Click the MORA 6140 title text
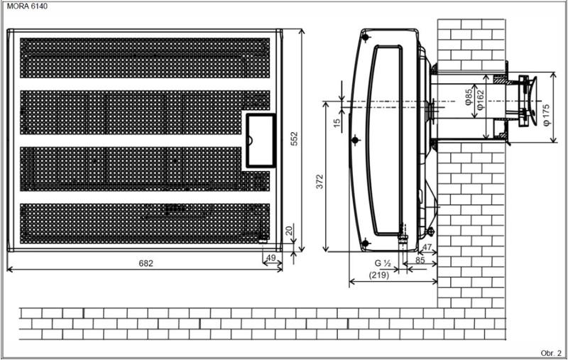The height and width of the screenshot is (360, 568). [27, 6]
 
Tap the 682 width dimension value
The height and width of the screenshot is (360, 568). [146, 263]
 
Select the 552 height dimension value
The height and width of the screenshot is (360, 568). [294, 138]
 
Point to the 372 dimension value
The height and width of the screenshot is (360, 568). [319, 182]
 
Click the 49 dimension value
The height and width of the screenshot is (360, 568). [271, 258]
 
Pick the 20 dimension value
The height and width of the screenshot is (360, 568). [289, 231]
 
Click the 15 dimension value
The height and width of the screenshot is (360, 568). [337, 123]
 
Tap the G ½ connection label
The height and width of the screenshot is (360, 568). [382, 263]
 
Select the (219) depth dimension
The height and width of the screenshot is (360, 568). [379, 276]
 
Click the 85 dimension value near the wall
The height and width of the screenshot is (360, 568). [420, 260]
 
